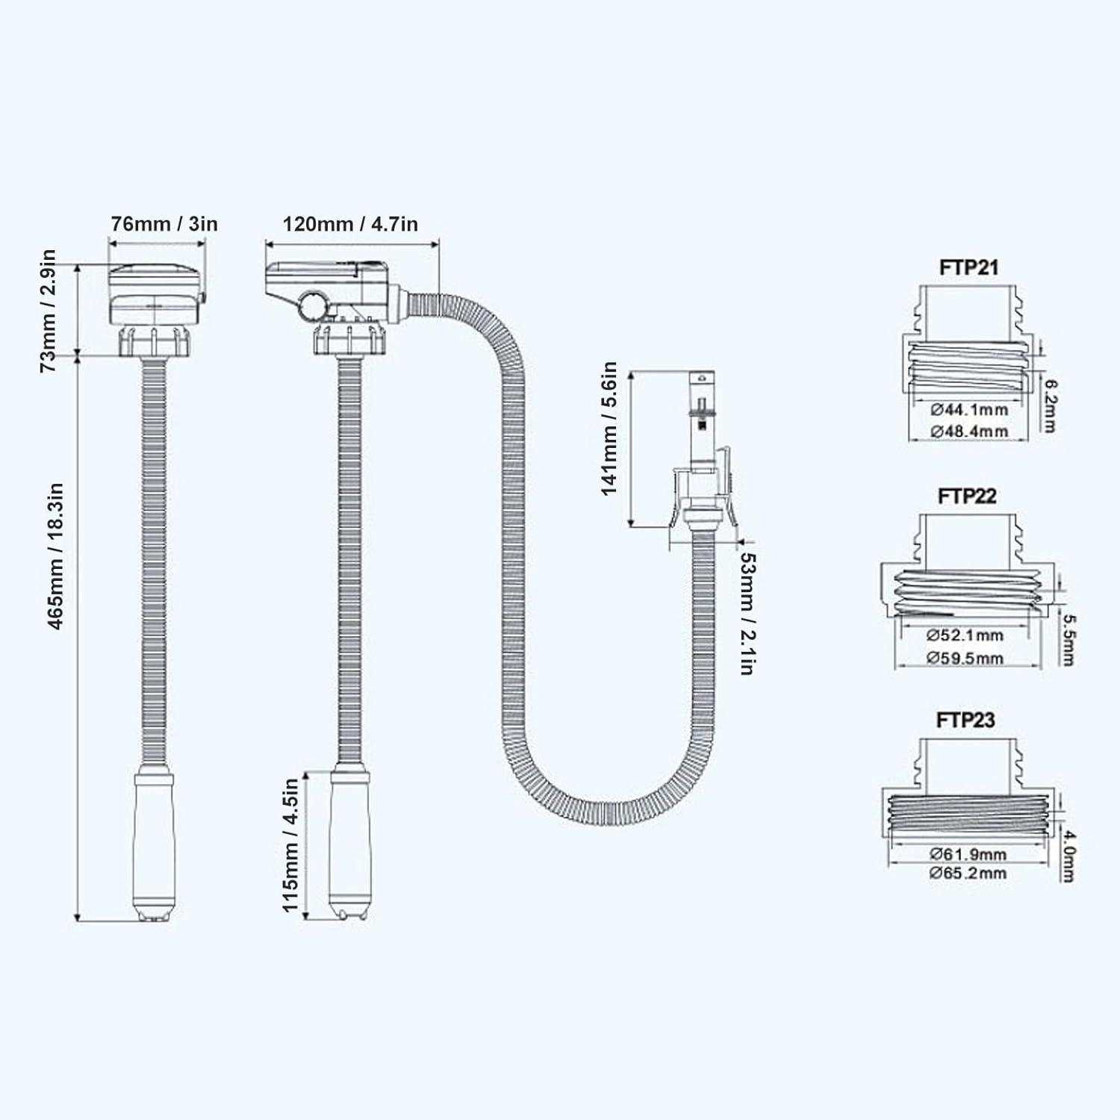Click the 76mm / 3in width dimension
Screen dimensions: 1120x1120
164,223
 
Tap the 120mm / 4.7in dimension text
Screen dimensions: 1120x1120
350,223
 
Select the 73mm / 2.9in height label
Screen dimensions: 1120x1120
48,310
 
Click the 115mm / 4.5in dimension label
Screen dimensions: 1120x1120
290,844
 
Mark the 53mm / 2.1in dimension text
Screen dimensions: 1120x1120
746,613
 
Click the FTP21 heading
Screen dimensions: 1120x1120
968,267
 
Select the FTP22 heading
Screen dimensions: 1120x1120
967,496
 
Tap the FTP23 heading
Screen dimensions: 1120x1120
965,720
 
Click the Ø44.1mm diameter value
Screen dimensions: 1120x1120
969,409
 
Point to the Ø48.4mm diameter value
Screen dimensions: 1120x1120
969,431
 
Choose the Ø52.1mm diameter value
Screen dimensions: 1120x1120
965,635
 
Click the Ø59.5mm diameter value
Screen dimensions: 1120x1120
965,658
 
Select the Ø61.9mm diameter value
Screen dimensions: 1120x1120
968,853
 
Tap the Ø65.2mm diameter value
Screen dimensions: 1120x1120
968,873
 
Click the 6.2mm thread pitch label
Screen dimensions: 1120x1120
1050,405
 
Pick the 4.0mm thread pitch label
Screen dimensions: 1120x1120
1068,854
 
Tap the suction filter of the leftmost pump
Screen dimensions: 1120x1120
155,844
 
